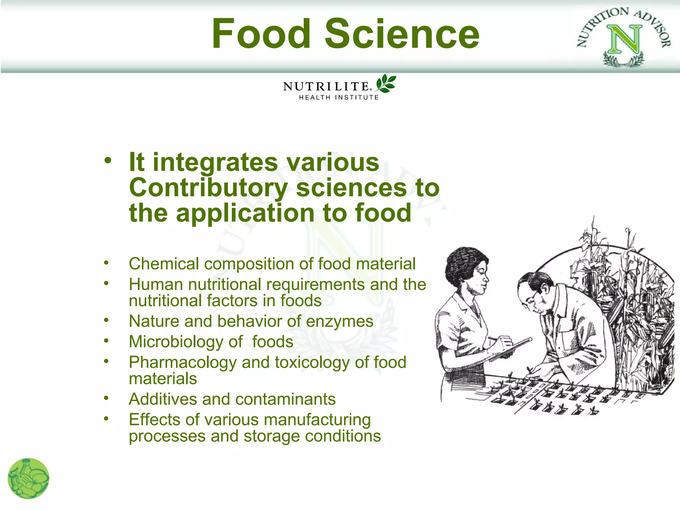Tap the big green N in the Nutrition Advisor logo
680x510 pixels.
coord(624,40)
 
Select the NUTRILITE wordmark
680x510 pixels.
coord(326,87)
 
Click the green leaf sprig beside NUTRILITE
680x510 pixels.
coord(386,83)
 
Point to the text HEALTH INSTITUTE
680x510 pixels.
coord(339,98)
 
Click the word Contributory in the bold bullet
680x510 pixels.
coord(208,188)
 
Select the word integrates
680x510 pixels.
coord(215,163)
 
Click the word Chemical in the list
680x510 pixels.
coord(164,264)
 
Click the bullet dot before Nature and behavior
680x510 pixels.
coord(106,320)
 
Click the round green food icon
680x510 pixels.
coord(29,478)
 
